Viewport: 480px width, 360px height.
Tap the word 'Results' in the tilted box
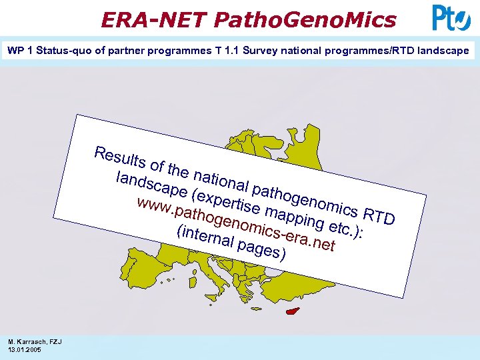(x=121, y=157)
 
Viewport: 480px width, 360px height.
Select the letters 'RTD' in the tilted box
(x=379, y=215)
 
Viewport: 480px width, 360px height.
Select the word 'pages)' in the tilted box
(x=263, y=251)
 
